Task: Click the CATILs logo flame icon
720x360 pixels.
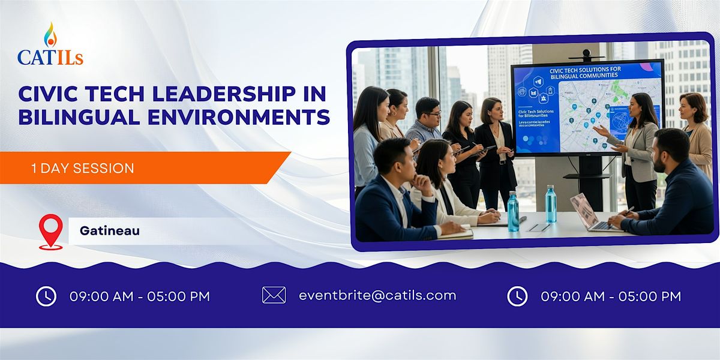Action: [50, 35]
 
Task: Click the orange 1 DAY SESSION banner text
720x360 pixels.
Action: [83, 169]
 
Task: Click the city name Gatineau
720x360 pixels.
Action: [109, 230]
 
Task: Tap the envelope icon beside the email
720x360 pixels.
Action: [274, 295]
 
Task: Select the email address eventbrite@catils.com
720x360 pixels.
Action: [377, 295]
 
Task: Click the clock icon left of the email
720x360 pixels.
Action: [46, 296]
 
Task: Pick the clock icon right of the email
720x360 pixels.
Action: [517, 296]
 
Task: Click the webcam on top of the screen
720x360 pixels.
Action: [586, 55]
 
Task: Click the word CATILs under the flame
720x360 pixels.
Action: [50, 58]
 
